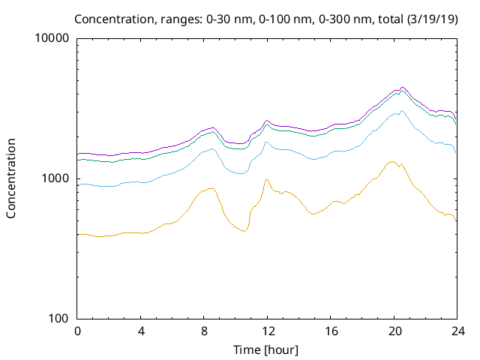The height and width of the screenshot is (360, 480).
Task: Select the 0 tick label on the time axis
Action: click(77, 331)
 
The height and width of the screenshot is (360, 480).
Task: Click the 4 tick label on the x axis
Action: click(141, 331)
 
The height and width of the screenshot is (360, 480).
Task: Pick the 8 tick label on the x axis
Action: click(204, 331)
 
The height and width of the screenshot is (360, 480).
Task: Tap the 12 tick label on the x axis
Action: click(268, 331)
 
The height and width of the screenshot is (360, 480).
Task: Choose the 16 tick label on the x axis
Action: click(331, 331)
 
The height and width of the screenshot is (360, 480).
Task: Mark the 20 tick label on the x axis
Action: click(394, 331)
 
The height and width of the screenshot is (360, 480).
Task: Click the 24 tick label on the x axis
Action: click(457, 331)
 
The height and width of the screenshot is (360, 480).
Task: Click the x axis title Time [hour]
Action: click(267, 349)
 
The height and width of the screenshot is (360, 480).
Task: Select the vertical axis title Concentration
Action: click(11, 178)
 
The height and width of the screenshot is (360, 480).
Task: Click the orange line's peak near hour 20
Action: click(391, 161)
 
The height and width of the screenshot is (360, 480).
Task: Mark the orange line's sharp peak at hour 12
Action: click(266, 179)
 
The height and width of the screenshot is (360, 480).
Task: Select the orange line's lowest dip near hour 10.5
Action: click(244, 231)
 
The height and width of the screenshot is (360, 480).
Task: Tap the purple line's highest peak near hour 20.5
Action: click(403, 87)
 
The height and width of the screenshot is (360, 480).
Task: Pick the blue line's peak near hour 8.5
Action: click(213, 149)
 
